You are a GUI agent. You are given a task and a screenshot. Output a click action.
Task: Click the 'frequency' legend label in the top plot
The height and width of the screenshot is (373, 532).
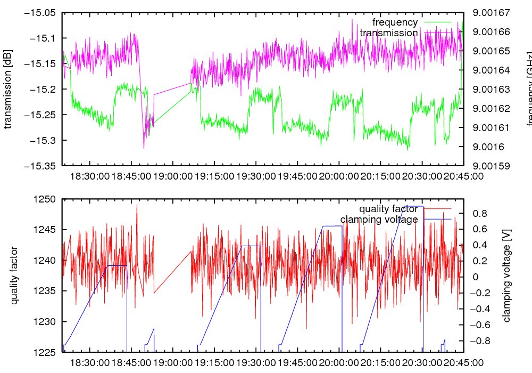(395, 22)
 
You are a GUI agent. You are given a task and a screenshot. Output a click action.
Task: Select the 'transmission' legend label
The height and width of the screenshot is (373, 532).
(388, 33)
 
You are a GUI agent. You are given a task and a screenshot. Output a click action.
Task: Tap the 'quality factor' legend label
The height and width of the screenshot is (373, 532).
(388, 208)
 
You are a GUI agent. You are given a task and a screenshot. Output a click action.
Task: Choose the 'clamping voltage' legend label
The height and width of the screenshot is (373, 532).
(379, 219)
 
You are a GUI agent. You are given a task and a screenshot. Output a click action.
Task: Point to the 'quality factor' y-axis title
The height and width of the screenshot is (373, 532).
(14, 275)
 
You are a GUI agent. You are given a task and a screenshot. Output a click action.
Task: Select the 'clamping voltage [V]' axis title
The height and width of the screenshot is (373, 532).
(506, 275)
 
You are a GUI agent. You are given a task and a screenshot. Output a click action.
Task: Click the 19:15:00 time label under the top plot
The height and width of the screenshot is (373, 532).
(213, 175)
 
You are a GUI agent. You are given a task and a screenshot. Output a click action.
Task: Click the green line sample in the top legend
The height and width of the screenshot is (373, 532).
(437, 22)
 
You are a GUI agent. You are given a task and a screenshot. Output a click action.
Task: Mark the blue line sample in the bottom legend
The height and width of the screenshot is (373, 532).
(437, 219)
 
